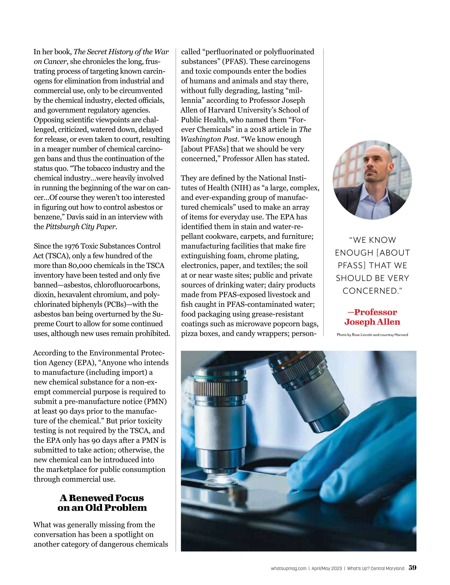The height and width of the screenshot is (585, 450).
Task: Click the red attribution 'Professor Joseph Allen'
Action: (x=372, y=317)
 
